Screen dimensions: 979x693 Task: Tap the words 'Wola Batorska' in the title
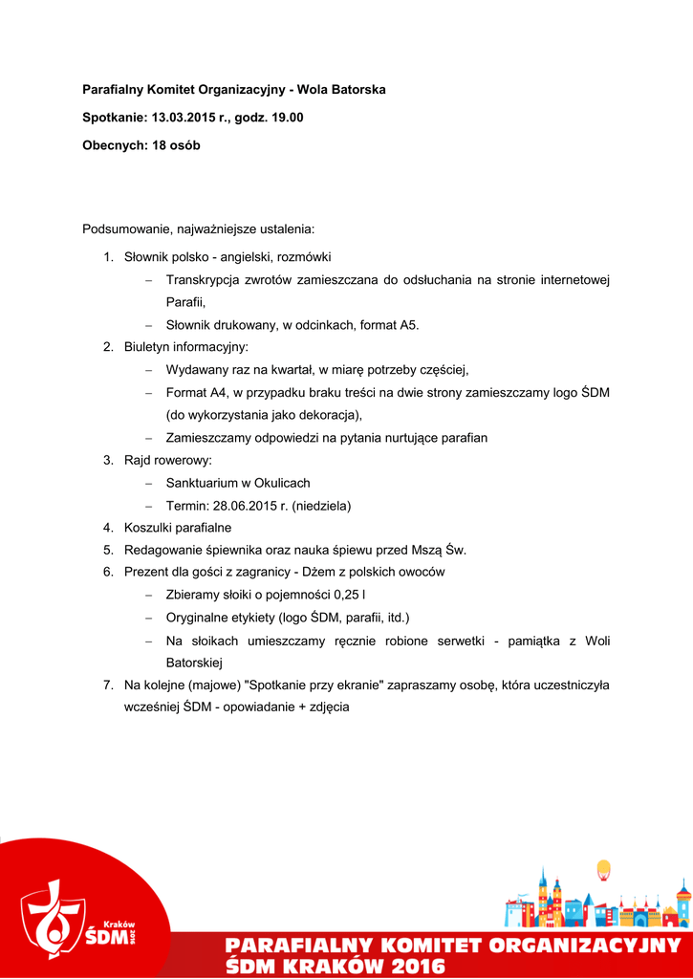(341, 90)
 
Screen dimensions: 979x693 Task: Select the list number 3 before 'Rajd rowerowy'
(108, 460)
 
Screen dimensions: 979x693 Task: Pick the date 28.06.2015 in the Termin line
(242, 505)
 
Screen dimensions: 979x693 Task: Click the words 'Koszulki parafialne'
(178, 528)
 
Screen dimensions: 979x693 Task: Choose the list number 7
(108, 685)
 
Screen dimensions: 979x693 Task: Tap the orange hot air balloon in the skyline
(603, 870)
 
